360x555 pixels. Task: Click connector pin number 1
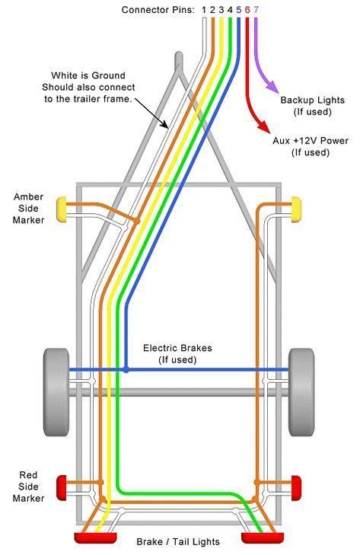(205, 10)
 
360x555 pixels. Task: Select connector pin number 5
(239, 10)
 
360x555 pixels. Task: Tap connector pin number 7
(256, 10)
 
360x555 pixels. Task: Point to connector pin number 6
(247, 10)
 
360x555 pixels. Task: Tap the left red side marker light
(62, 483)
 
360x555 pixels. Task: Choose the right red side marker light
(296, 483)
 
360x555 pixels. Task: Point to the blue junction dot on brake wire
(126, 370)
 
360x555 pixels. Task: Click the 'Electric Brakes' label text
(177, 348)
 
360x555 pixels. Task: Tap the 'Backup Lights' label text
(311, 100)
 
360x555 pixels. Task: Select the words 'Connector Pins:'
(159, 10)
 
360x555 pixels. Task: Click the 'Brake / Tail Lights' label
(178, 542)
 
